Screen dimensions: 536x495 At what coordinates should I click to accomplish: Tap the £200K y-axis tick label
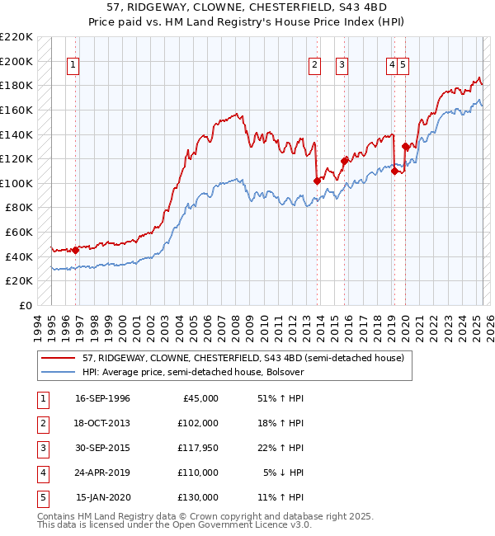(x=17, y=61)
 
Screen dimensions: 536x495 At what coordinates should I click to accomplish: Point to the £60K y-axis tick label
(x=20, y=232)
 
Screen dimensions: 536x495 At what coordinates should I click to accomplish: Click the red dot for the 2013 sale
(x=317, y=181)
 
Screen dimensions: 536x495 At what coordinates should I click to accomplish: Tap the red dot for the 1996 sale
(x=75, y=250)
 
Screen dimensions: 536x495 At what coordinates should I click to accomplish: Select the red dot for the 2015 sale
(x=345, y=161)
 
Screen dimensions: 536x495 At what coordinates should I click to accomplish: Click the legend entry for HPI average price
(x=193, y=372)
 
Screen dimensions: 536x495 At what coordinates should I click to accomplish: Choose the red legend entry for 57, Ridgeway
(x=243, y=358)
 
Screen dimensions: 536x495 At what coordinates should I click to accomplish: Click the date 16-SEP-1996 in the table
(x=102, y=398)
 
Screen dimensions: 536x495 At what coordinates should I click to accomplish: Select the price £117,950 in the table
(x=198, y=448)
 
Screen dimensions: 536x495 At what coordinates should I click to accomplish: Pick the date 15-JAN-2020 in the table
(x=102, y=497)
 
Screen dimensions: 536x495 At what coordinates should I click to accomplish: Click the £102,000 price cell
(x=198, y=423)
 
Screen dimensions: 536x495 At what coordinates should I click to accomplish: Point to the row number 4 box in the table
(x=41, y=473)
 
